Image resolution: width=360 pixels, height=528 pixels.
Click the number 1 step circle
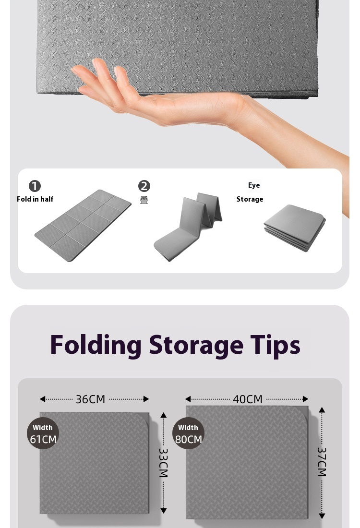pos(35,186)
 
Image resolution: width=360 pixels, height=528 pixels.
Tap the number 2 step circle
pos(144,186)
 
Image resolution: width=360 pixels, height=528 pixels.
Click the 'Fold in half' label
pos(35,199)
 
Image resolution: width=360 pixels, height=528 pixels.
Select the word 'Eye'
pos(254,185)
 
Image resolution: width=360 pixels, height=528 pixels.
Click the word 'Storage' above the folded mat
pos(250,199)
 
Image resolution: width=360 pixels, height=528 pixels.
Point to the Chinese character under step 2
pos(144,200)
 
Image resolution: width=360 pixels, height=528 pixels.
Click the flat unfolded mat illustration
pos(83,225)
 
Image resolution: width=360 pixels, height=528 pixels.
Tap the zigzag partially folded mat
pos(188,226)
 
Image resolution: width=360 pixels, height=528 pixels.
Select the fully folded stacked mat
pos(295,228)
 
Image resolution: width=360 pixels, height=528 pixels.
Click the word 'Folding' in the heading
pos(96,346)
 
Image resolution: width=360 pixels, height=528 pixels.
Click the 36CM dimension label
pos(90,399)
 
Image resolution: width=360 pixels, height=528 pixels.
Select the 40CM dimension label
pos(248,399)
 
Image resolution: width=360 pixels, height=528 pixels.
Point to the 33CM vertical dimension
pos(163,463)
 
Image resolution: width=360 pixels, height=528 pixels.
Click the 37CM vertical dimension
pos(322,462)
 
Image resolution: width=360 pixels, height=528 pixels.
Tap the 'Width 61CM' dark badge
pos(43,433)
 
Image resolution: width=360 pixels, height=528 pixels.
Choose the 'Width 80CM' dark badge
pos(188,433)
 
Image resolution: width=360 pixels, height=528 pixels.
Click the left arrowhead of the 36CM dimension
pos(42,399)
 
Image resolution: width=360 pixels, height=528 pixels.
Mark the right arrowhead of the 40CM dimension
pos(305,399)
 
